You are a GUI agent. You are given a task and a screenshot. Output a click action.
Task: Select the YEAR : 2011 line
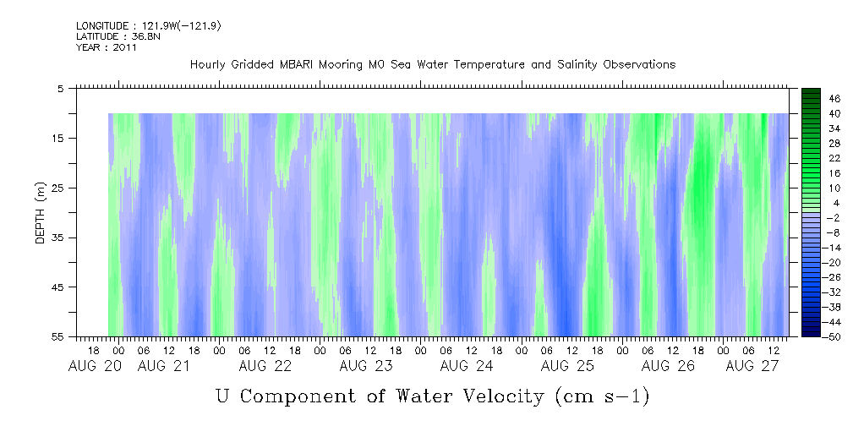pos(107,47)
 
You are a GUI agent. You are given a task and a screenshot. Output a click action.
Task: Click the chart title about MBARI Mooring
pos(432,65)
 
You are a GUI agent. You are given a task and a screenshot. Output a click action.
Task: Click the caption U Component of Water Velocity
pos(432,396)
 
